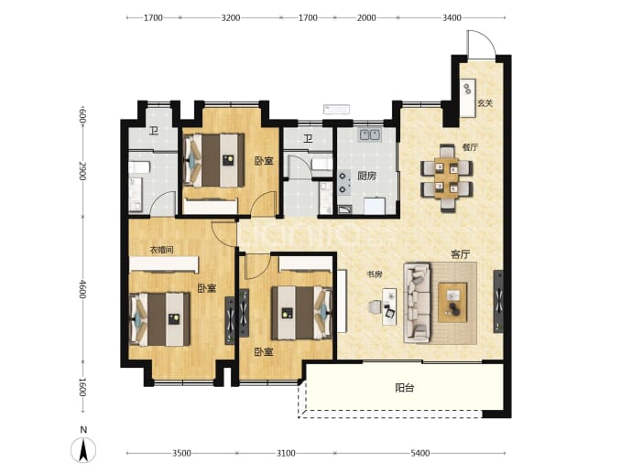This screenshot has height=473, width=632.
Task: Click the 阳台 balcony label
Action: [x=404, y=388]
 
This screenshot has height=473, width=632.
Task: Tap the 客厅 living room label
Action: [x=461, y=254]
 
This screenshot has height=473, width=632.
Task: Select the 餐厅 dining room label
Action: [x=470, y=147]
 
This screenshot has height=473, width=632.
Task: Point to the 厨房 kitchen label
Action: [x=366, y=176]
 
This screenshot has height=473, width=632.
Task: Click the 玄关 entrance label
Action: [x=485, y=103]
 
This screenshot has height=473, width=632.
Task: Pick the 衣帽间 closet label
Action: [x=161, y=250]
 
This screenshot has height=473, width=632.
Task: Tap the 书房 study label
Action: [x=374, y=274]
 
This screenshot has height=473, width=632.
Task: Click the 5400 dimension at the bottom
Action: [x=420, y=453]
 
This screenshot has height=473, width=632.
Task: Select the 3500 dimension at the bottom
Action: [x=181, y=453]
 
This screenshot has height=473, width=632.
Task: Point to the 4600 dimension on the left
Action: [x=82, y=289]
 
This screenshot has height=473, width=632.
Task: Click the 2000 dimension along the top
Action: [x=366, y=17]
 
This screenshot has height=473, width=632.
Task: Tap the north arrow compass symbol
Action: [x=83, y=449]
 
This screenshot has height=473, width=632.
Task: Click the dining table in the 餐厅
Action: [x=447, y=177]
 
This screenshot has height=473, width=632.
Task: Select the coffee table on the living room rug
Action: [x=452, y=302]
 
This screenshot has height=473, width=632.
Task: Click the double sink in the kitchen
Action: [x=370, y=134]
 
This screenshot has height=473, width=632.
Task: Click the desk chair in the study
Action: [x=375, y=307]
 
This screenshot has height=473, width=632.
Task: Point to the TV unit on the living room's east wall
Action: [x=498, y=301]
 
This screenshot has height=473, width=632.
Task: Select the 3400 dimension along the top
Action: [x=452, y=17]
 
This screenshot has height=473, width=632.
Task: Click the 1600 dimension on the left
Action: [x=82, y=387]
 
